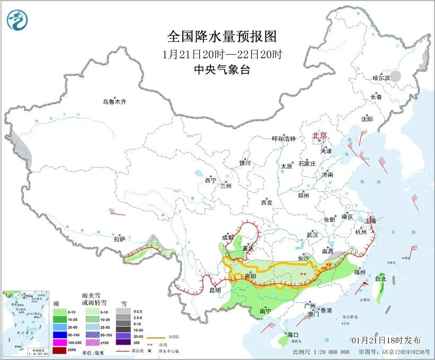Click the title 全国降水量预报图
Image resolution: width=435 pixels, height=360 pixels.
(222, 37)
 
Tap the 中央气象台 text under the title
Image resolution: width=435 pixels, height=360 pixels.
(222, 69)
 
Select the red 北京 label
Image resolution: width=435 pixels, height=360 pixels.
(319, 135)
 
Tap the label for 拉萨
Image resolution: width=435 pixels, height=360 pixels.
(119, 239)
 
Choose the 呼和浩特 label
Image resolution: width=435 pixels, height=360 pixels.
(283, 138)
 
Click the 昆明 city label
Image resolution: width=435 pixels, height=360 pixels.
(214, 290)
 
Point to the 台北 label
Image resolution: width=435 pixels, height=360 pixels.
(380, 278)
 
